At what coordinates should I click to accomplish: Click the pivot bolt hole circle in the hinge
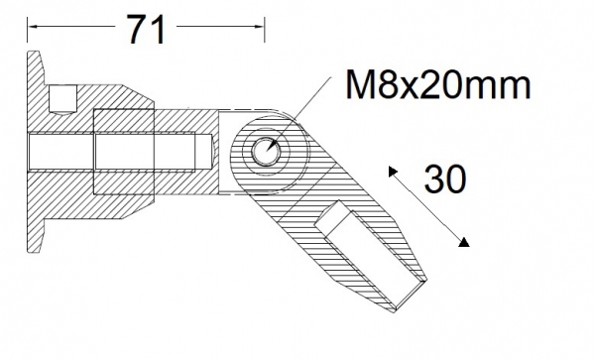tap(266, 151)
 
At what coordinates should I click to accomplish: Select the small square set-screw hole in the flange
tap(63, 97)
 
